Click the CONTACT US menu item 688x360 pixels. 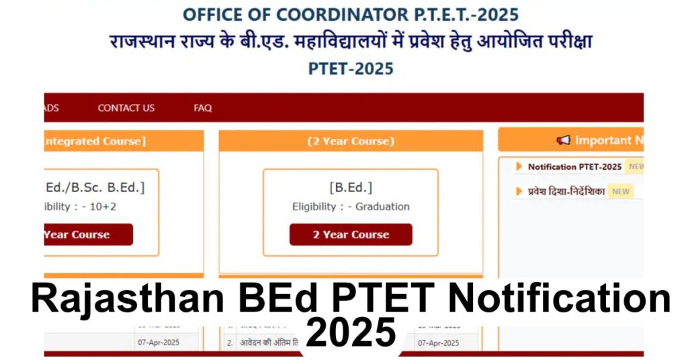coord(126,107)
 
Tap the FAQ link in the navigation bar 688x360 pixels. coord(202,107)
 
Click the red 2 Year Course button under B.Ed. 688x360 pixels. coord(351,234)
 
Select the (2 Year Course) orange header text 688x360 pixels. coord(351,141)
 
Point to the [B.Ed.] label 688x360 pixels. coord(351,187)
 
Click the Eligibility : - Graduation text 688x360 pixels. coord(351,207)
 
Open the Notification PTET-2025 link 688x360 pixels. coord(574,167)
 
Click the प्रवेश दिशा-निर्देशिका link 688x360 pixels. coord(566,191)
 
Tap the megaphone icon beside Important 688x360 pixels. coord(563,140)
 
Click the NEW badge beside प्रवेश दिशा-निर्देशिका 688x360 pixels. coord(621,191)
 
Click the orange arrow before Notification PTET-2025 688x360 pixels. coord(519,167)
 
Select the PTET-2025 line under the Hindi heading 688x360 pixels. coord(351,69)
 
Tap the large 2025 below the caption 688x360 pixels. coord(350,332)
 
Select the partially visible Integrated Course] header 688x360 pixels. coord(94,141)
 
